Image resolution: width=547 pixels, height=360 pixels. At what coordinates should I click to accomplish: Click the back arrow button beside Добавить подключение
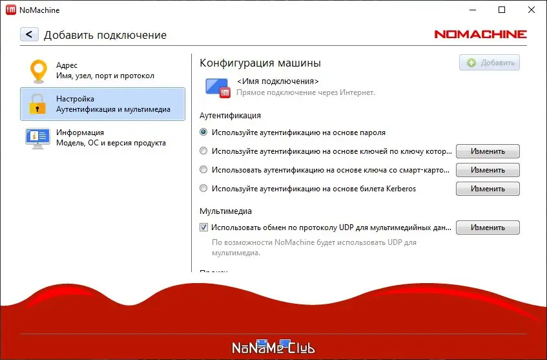click(x=30, y=34)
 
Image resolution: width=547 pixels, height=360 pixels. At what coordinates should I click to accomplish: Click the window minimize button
click(x=473, y=10)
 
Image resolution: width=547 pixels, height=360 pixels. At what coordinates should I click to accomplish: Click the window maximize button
click(x=502, y=10)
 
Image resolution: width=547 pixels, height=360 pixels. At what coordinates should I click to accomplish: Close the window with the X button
click(x=531, y=10)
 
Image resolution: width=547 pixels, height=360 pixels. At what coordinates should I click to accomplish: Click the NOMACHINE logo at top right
click(x=480, y=34)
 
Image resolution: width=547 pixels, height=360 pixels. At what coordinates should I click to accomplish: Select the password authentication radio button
click(x=204, y=132)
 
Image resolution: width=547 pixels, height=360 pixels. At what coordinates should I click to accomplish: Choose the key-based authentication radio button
click(x=204, y=151)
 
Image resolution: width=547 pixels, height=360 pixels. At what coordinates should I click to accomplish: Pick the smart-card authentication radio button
click(x=204, y=170)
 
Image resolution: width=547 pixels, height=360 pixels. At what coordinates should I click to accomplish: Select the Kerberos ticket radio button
click(x=204, y=189)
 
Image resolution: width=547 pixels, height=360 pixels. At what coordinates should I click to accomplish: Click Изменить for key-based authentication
click(x=488, y=151)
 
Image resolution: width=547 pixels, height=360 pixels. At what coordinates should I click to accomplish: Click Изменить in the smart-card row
click(x=488, y=170)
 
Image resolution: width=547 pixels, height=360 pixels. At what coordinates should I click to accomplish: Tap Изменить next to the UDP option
click(x=488, y=228)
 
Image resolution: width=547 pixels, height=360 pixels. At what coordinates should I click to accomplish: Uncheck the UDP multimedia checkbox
click(x=204, y=228)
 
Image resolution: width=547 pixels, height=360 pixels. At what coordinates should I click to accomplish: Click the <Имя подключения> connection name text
click(x=278, y=82)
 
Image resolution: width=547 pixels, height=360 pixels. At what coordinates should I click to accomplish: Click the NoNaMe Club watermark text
click(x=273, y=348)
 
